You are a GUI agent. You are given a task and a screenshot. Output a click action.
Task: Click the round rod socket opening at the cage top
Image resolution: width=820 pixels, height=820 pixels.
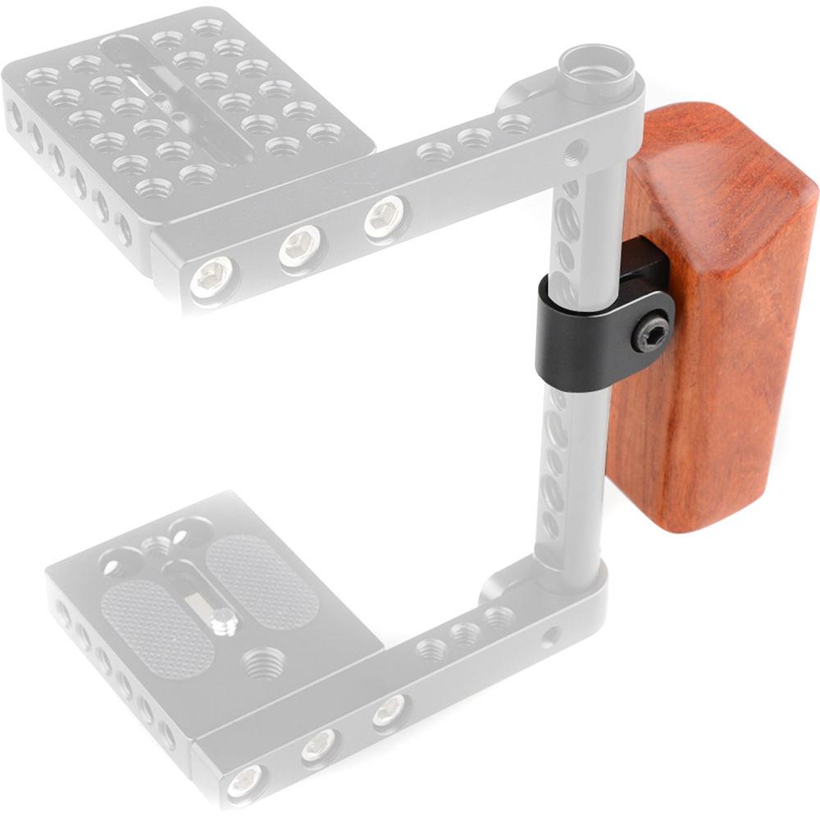point(596,71)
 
